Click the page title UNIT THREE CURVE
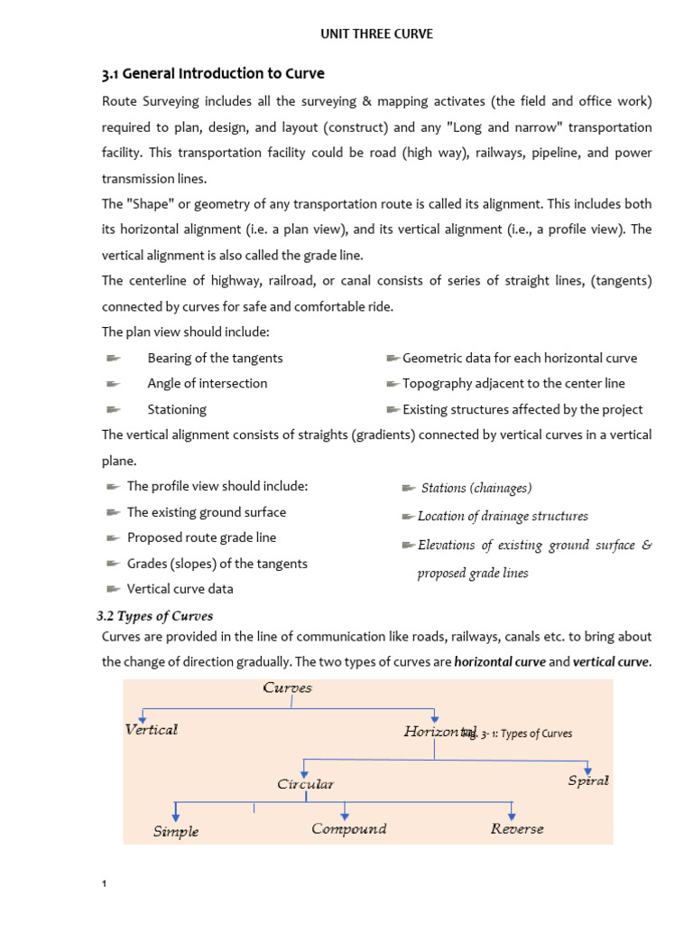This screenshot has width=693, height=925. click(x=377, y=34)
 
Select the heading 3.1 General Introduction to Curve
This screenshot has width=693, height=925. click(x=212, y=73)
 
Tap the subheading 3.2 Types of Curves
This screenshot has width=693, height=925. click(x=154, y=616)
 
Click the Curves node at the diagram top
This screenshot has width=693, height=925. click(x=287, y=688)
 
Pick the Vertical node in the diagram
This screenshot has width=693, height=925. click(x=151, y=730)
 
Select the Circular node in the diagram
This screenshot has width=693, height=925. click(x=305, y=784)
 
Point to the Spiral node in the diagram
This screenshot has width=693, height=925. click(x=587, y=780)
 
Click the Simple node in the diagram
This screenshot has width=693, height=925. click(x=176, y=831)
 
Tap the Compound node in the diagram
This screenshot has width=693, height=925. click(x=348, y=828)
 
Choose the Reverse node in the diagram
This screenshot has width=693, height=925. click(x=517, y=828)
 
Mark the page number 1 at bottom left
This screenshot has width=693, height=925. click(x=104, y=883)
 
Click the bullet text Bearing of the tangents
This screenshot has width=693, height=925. click(x=215, y=359)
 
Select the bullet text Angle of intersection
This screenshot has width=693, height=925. click(x=207, y=384)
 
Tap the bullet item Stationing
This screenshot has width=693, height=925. click(x=177, y=409)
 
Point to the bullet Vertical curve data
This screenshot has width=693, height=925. click(x=180, y=589)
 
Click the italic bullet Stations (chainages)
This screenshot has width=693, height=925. click(x=476, y=488)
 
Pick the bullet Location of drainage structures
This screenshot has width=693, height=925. click(x=502, y=517)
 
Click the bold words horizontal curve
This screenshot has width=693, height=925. click(x=499, y=662)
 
